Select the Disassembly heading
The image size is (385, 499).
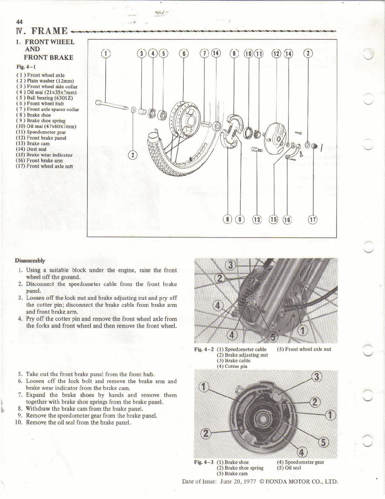click(30, 261)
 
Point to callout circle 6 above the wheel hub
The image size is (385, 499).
click(184, 53)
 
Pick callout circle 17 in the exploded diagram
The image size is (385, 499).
click(312, 220)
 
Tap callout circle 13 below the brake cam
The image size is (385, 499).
click(257, 220)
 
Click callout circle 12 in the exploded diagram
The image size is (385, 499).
click(276, 53)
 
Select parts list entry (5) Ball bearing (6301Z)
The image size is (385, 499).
click(45, 98)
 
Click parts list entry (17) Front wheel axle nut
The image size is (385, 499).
click(44, 166)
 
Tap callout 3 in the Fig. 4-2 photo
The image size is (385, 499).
click(231, 265)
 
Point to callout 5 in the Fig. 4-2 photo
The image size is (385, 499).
click(273, 337)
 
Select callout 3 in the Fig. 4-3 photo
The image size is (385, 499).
click(316, 377)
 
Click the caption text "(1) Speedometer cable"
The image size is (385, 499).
click(242, 349)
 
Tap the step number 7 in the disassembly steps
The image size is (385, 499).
click(20, 395)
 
